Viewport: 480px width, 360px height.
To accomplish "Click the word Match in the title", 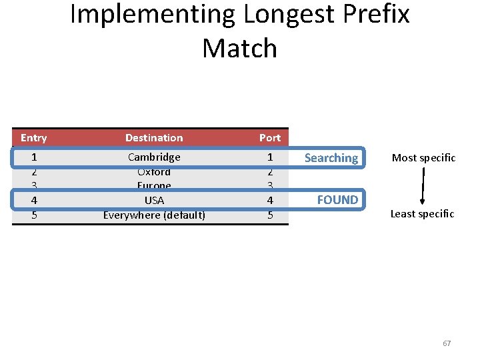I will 239,48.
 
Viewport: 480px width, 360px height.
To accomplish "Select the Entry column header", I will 34,138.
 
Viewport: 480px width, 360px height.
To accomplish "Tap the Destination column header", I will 154,138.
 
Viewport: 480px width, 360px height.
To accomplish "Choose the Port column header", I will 270,138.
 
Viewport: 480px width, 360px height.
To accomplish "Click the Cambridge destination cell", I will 154,157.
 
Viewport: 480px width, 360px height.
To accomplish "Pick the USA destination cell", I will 154,200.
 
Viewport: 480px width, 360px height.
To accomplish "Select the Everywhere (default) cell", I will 154,215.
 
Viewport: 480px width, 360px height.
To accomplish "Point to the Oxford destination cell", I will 154,172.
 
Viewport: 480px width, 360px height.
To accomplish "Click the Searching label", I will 331,158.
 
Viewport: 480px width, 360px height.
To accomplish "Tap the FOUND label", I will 337,199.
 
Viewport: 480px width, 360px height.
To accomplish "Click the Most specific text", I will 423,158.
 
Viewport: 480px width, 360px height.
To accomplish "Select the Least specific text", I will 422,214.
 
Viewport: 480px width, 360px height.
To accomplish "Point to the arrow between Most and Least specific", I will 423,186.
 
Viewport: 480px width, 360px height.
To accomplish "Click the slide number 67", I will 447,343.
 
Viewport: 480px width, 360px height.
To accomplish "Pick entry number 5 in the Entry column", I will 34,215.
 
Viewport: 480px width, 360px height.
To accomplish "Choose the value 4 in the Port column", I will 270,200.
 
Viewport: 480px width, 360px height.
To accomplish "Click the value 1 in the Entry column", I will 34,157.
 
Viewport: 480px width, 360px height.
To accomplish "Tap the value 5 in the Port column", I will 270,215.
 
